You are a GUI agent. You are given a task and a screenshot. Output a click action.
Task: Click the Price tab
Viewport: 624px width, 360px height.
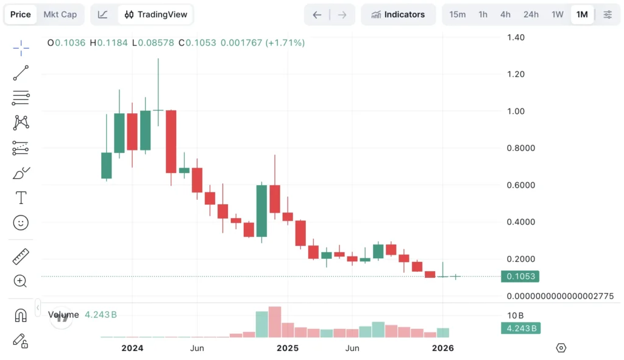(21, 15)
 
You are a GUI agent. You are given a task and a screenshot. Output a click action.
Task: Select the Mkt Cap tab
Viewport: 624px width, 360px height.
(60, 15)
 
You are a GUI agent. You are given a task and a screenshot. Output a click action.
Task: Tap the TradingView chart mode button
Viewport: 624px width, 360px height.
(157, 15)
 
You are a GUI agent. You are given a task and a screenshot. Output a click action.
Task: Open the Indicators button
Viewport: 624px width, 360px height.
(398, 15)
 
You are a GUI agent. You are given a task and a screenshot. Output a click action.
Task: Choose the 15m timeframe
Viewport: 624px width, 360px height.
(458, 15)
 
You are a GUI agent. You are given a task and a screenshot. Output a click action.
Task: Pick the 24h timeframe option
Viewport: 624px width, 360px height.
(531, 15)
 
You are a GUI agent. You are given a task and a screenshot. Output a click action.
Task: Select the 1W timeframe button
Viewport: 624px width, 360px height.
(558, 15)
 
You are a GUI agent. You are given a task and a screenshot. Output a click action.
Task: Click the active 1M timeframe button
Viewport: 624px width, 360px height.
(582, 15)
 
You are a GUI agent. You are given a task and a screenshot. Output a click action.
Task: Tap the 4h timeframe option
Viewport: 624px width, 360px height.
(505, 15)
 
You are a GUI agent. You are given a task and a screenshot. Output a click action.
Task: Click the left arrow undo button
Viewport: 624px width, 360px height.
(317, 15)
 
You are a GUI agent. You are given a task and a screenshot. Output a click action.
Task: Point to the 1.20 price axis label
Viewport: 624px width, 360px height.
(516, 74)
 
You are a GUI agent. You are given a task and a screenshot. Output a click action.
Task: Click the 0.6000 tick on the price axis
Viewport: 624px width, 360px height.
(519, 185)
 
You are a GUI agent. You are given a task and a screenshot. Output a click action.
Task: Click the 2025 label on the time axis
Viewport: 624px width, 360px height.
(288, 348)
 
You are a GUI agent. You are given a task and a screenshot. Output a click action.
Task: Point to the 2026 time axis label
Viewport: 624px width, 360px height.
(443, 348)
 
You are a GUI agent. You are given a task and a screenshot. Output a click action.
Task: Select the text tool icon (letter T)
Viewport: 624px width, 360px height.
(21, 197)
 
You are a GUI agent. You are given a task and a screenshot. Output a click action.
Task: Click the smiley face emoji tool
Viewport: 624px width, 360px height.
(21, 223)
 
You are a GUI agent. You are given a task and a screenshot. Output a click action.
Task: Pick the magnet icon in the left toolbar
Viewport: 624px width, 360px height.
(21, 316)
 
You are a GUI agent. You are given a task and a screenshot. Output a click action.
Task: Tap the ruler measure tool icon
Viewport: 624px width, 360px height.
(21, 256)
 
